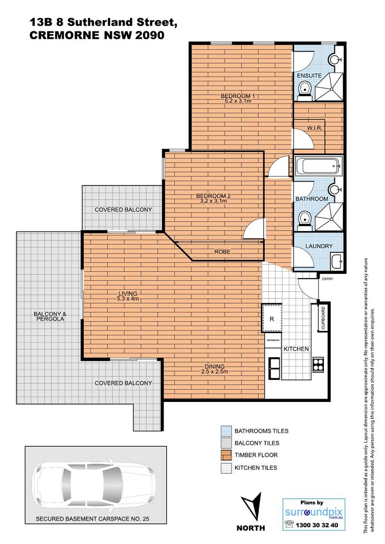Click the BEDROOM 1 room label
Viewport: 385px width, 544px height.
coord(235,96)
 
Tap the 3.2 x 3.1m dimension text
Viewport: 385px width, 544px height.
coord(213,201)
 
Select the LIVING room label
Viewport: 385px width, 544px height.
coord(128,294)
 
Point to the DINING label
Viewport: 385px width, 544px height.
coord(215,366)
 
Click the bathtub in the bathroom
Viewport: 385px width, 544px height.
coord(319,166)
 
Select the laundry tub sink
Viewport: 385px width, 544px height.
coord(336,262)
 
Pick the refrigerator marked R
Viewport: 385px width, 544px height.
coord(271,319)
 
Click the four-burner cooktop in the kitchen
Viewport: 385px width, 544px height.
coord(319,364)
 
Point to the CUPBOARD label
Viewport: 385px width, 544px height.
coord(323,318)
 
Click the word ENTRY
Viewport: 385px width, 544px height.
coord(327,279)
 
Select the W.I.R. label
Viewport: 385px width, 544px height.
coord(315,128)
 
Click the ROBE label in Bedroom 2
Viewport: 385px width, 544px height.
coord(222,252)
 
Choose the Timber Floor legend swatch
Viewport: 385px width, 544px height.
coord(226,455)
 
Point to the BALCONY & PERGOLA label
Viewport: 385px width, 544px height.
coord(50,316)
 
